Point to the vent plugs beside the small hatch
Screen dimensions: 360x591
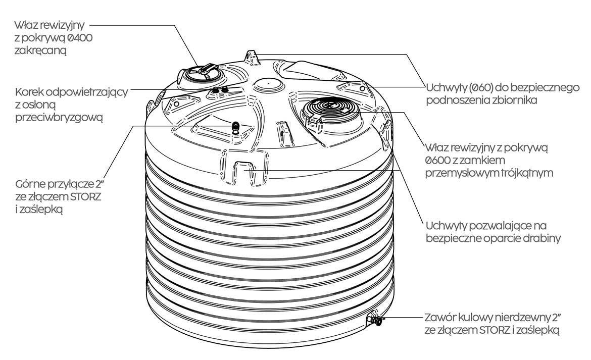[x=219, y=90]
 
